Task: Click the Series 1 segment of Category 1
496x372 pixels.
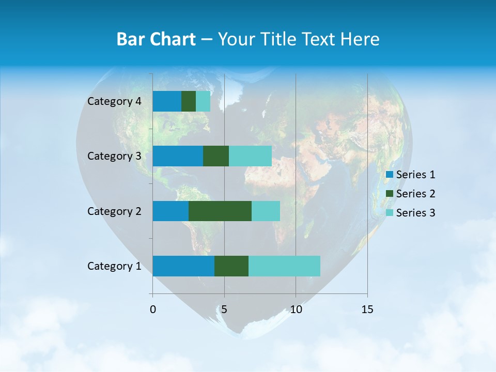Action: click(183, 266)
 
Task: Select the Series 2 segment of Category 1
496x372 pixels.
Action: click(231, 266)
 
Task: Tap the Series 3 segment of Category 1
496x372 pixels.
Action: click(284, 266)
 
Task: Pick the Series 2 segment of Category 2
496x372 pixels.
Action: click(220, 211)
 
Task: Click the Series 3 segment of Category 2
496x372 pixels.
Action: click(266, 211)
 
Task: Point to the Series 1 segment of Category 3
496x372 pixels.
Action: click(178, 156)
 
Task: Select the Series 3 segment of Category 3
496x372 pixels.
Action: click(250, 156)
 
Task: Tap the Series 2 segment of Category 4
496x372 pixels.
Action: click(189, 101)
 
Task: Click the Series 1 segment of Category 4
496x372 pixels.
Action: click(167, 101)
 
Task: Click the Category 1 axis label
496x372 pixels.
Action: click(114, 266)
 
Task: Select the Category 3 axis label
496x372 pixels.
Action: click(114, 156)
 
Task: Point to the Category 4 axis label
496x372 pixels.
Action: click(114, 101)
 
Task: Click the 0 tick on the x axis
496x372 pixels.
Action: click(153, 309)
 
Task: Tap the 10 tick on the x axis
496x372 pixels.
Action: click(296, 309)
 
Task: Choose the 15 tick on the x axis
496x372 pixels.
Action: click(367, 309)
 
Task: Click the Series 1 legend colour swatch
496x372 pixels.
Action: click(390, 175)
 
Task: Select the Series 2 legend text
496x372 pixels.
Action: click(415, 194)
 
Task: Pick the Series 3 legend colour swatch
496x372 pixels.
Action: click(390, 213)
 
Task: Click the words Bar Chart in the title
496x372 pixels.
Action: click(156, 39)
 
